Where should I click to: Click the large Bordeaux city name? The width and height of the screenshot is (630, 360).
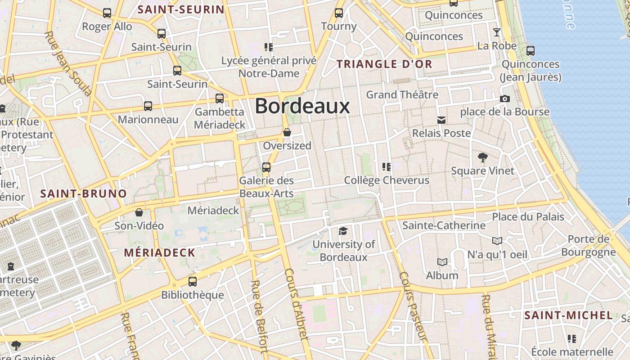(x=302, y=107)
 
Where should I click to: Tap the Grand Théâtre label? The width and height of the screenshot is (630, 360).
(x=402, y=95)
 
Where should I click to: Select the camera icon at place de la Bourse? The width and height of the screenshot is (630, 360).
(x=505, y=99)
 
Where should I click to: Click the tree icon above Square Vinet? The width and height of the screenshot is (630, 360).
(x=483, y=157)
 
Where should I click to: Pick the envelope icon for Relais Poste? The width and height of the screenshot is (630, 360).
(x=441, y=120)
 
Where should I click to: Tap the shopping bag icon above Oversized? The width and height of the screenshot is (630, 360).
(x=287, y=133)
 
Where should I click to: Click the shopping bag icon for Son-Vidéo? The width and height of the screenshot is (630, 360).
(x=139, y=212)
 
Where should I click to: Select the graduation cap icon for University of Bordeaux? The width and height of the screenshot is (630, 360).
(x=343, y=231)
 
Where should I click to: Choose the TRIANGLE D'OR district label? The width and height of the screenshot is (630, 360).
(x=384, y=64)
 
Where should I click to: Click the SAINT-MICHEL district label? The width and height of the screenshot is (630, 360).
(x=568, y=315)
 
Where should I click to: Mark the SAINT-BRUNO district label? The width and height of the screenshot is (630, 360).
(x=84, y=194)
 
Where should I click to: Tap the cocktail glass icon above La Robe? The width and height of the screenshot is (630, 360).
(x=497, y=32)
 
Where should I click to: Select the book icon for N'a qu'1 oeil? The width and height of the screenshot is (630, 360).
(x=497, y=241)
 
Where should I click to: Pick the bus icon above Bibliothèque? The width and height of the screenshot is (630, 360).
(x=193, y=282)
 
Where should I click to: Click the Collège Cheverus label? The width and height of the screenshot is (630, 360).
(x=387, y=180)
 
